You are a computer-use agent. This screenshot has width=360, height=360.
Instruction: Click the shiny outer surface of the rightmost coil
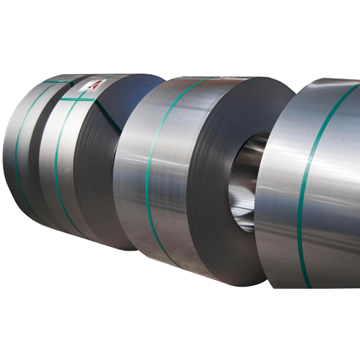pos(331,187)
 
